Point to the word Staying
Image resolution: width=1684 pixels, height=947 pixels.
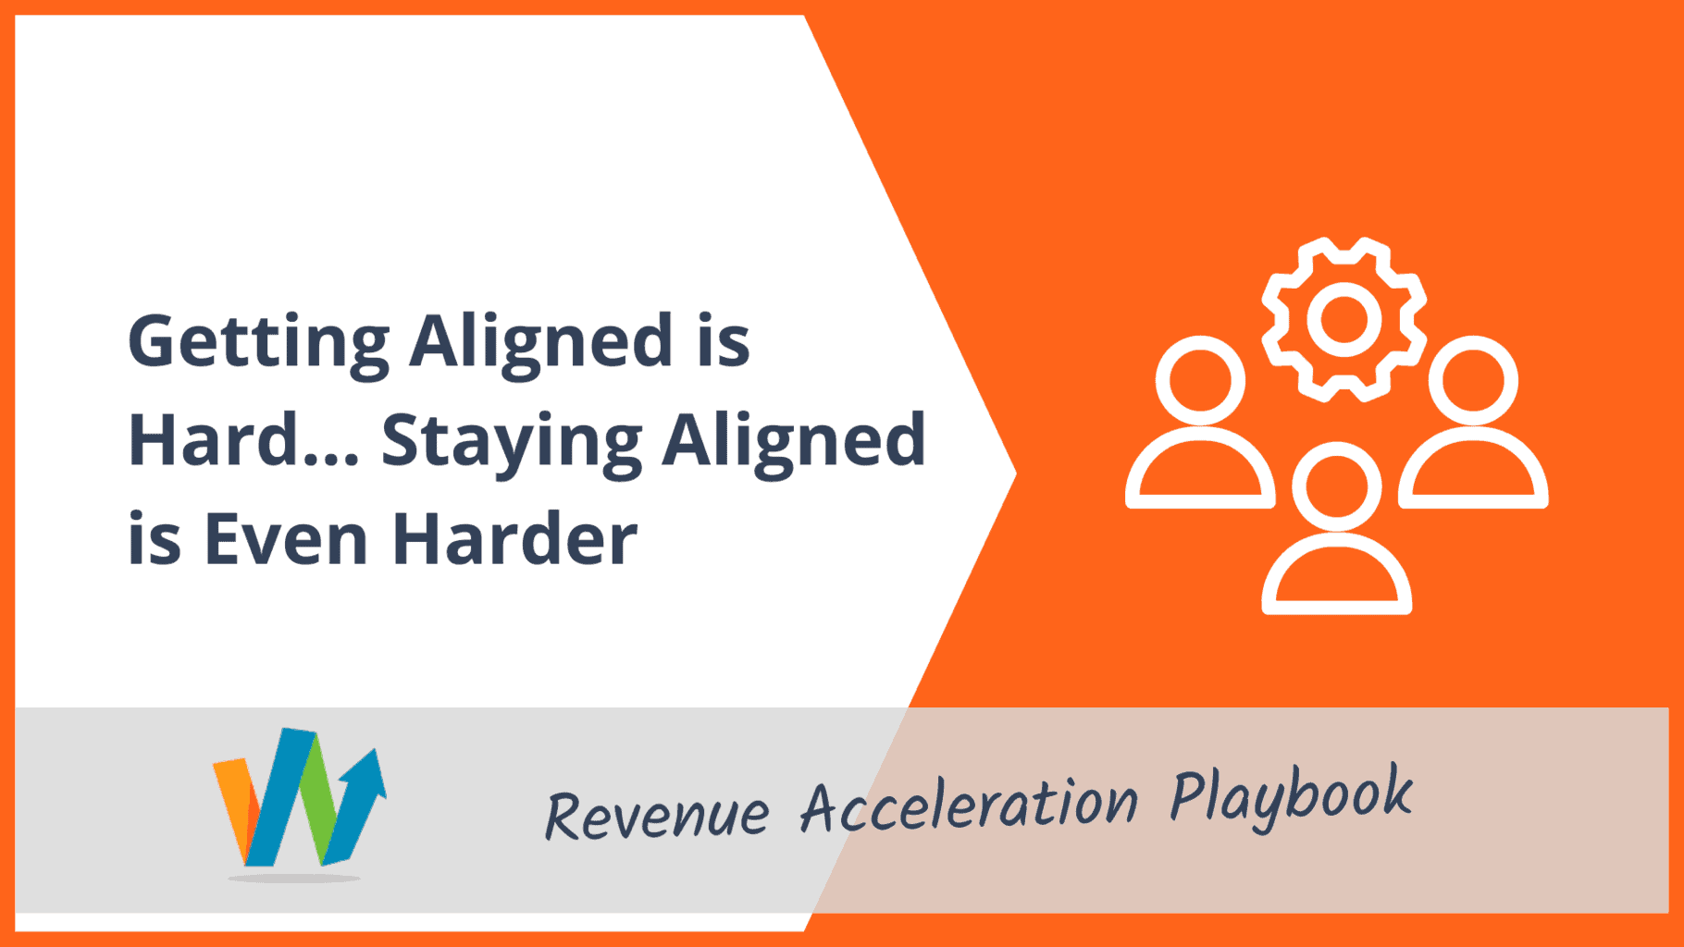click(512, 444)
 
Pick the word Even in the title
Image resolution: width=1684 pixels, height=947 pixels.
click(286, 538)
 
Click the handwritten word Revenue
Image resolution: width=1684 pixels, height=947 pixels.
click(657, 815)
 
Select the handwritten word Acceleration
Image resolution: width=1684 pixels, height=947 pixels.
click(969, 804)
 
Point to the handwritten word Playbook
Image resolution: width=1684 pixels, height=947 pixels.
click(1291, 796)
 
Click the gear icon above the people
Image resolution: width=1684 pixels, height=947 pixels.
click(1343, 320)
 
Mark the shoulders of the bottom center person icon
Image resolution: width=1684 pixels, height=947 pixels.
click(1336, 546)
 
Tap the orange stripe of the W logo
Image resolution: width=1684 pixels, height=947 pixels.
click(234, 805)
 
